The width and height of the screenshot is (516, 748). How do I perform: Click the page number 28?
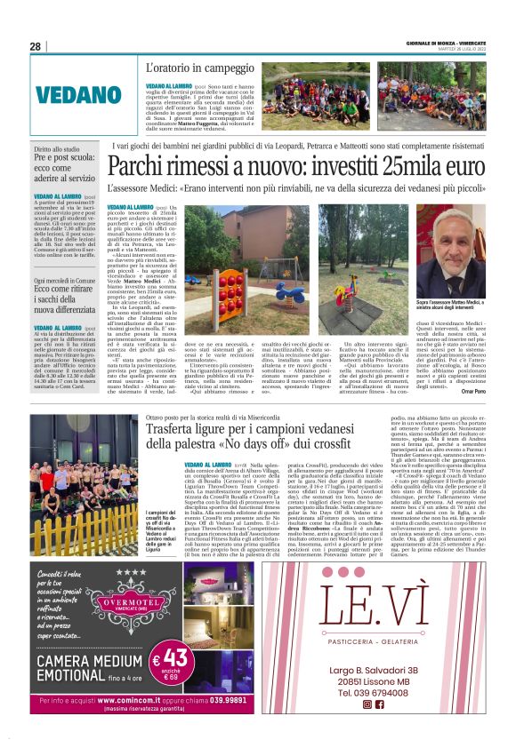(x=36, y=47)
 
